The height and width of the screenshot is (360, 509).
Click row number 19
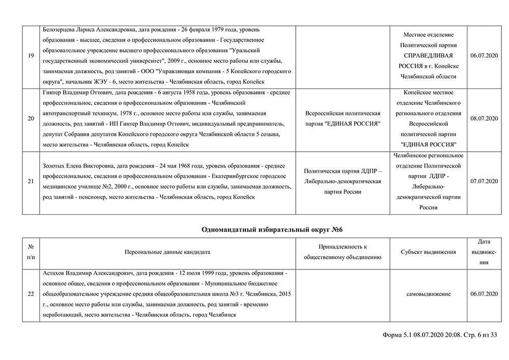point(31,56)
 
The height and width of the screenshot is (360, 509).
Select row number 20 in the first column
point(31,119)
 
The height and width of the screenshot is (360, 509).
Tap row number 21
point(31,181)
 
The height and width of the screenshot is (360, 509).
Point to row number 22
point(31,294)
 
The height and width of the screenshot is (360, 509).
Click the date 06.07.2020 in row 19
point(484,56)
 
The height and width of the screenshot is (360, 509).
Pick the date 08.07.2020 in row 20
point(484,119)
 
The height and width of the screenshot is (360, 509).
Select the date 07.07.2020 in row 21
point(484,181)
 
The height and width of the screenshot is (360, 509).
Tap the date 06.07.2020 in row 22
point(484,294)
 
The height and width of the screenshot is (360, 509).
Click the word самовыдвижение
point(428,294)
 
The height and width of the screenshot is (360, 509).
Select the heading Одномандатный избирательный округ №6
point(275,230)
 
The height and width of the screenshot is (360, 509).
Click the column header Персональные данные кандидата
point(167,252)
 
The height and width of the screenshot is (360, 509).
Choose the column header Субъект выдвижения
point(428,252)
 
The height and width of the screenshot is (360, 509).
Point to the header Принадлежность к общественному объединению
point(342,252)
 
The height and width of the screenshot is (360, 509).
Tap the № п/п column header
point(31,252)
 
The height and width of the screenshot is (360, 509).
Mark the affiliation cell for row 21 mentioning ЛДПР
point(342,181)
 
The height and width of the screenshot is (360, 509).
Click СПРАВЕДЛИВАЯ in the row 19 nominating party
point(428,56)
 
